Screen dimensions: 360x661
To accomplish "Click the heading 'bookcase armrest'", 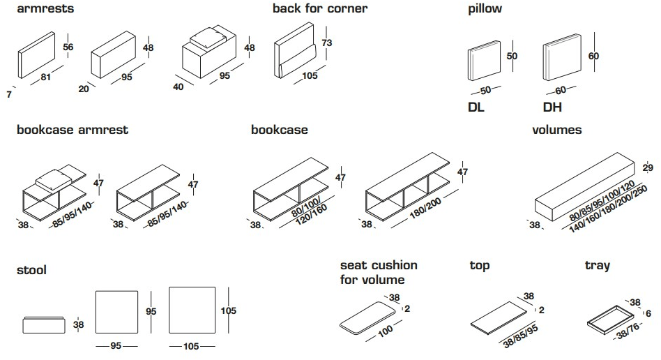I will [x=72, y=130].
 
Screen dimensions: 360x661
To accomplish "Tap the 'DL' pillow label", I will [x=477, y=107].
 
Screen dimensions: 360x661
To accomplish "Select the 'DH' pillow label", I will [x=552, y=107].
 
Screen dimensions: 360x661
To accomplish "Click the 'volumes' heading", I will [x=556, y=130].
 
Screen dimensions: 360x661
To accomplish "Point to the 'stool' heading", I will [x=31, y=269].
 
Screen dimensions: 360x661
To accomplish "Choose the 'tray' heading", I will [x=597, y=265].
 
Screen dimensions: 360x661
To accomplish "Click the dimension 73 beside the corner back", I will [x=328, y=43].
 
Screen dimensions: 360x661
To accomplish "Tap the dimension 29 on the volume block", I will [x=647, y=168].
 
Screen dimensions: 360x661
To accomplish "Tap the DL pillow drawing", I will [x=484, y=63].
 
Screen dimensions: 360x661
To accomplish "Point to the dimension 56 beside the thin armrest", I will [x=68, y=47].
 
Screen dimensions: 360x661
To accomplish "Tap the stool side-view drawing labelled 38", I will [x=43, y=324].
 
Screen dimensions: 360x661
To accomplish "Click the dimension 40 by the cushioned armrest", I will [x=179, y=87].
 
